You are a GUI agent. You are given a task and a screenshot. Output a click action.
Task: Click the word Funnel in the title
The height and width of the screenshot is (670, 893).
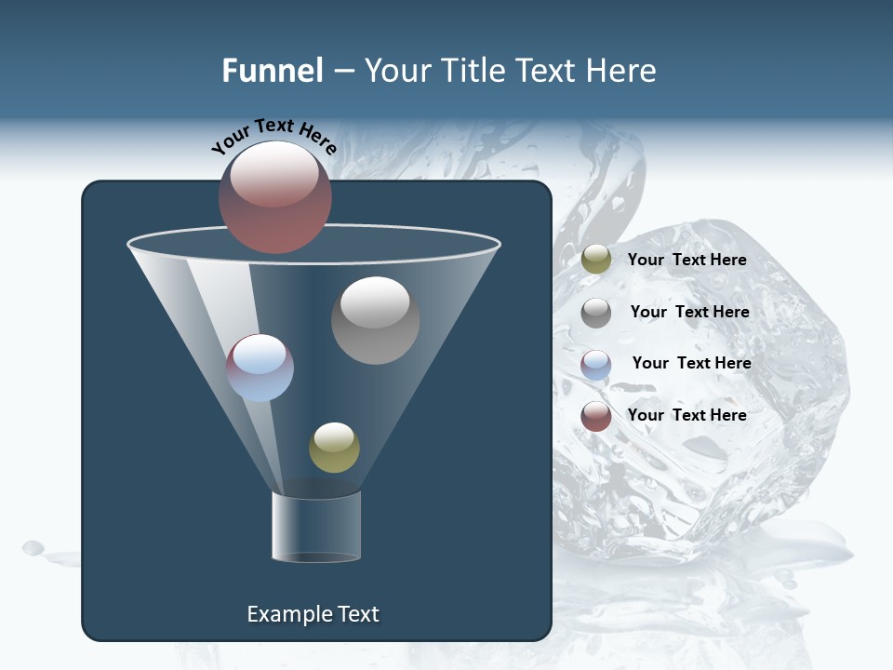coord(273,71)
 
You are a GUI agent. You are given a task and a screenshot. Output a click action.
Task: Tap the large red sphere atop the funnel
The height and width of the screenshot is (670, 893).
coord(275,197)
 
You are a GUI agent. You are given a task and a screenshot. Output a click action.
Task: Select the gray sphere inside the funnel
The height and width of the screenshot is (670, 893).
coord(376,320)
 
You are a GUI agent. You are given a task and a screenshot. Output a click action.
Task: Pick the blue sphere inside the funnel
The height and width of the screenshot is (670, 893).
coord(260,368)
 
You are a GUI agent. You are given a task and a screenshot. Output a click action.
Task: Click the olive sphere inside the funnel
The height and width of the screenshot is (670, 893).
coord(334,448)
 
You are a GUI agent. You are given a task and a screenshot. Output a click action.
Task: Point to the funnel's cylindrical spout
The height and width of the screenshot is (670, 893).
coord(316,527)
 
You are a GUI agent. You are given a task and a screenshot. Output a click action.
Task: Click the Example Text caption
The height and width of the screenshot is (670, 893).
coord(313,614)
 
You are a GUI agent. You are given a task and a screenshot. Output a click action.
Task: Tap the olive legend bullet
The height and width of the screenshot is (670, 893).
coord(596,260)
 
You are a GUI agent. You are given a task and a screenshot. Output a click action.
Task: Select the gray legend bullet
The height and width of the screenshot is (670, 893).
coord(596,313)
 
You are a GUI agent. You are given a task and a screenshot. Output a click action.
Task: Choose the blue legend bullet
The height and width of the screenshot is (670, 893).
coord(596,365)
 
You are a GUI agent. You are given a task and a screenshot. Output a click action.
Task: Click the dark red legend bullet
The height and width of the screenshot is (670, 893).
coord(596,416)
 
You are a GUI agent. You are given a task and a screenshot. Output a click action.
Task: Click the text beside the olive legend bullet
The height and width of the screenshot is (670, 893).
coord(687,260)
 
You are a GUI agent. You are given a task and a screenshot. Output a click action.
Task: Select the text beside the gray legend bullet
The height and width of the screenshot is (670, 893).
coord(689,312)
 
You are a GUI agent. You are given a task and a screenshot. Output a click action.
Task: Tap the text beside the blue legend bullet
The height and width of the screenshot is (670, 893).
coord(691,363)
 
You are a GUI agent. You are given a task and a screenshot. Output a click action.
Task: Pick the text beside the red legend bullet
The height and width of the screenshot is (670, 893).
coord(687,415)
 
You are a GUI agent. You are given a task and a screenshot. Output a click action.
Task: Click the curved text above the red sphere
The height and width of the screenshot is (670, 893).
coord(274,135)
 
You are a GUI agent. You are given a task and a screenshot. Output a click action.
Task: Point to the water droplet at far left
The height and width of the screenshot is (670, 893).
coord(33,547)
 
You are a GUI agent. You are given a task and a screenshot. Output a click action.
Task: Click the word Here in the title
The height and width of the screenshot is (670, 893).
coord(622,71)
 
